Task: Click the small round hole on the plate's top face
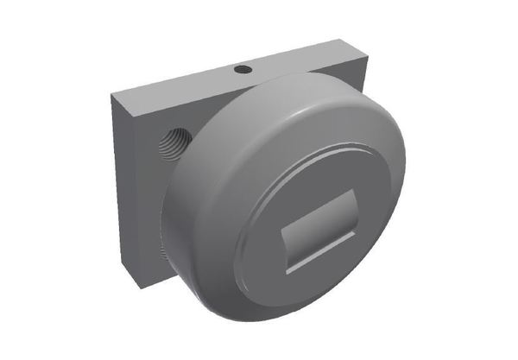[x=243, y=68]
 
